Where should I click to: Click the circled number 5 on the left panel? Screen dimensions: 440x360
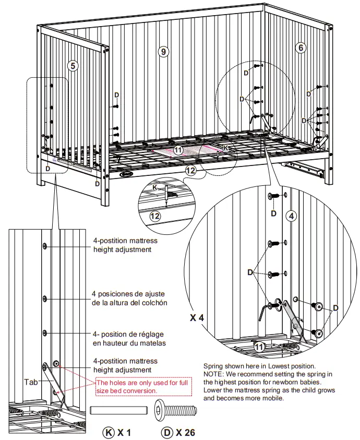(73, 66)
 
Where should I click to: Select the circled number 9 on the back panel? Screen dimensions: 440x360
(163, 51)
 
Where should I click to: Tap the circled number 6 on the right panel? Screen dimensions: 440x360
(300, 47)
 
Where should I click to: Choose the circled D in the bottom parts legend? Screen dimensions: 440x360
(166, 432)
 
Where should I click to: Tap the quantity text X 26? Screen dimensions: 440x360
(185, 432)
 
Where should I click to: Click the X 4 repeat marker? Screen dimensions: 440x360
(197, 317)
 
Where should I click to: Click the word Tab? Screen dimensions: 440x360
(31, 382)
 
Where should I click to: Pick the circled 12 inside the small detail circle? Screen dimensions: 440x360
(155, 216)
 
